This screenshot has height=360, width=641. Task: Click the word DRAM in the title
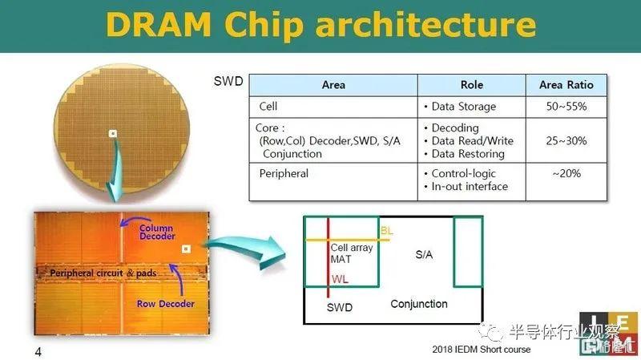pyautogui.click(x=158, y=26)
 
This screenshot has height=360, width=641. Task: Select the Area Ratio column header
pyautogui.click(x=566, y=85)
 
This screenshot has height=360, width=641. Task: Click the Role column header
pyautogui.click(x=472, y=85)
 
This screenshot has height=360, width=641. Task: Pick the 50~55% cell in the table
pyautogui.click(x=566, y=107)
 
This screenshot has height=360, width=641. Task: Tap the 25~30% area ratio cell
pyautogui.click(x=566, y=141)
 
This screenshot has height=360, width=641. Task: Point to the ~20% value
pyautogui.click(x=566, y=173)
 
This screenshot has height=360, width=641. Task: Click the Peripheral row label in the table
pyautogui.click(x=284, y=173)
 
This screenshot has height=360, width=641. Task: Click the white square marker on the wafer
pyautogui.click(x=112, y=133)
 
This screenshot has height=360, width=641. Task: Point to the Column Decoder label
pyautogui.click(x=157, y=232)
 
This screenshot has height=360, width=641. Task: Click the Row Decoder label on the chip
pyautogui.click(x=166, y=304)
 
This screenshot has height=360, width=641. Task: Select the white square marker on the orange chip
pyautogui.click(x=186, y=249)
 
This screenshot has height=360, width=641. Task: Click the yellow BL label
pyautogui.click(x=387, y=231)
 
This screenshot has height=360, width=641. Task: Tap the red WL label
pyautogui.click(x=340, y=279)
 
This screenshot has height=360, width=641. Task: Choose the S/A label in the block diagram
pyautogui.click(x=424, y=254)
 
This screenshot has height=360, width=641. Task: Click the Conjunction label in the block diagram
pyautogui.click(x=419, y=304)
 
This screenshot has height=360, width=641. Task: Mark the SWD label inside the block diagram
pyautogui.click(x=339, y=307)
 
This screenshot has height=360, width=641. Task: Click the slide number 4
pyautogui.click(x=38, y=351)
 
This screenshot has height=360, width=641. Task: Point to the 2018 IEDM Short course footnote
pyautogui.click(x=482, y=350)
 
